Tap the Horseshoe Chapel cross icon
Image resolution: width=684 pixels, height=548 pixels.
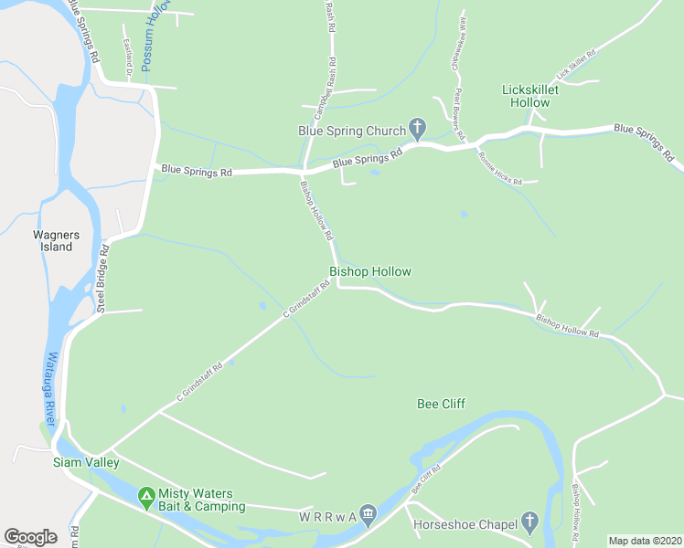[x=529, y=522]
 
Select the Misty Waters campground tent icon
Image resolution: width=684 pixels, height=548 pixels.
[x=145, y=498]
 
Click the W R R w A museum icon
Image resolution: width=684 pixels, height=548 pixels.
[x=368, y=516]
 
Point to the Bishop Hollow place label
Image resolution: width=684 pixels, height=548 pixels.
[x=370, y=271]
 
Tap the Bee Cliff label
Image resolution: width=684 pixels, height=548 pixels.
[x=441, y=403]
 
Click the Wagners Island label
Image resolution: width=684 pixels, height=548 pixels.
[x=57, y=240]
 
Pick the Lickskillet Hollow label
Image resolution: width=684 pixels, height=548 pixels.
[x=539, y=96]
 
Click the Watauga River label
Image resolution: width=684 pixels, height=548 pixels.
[x=51, y=387]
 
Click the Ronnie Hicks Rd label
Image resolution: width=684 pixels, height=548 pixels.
[x=499, y=168]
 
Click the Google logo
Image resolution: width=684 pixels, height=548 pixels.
[x=30, y=537]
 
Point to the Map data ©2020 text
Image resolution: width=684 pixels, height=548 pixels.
[x=645, y=541]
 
